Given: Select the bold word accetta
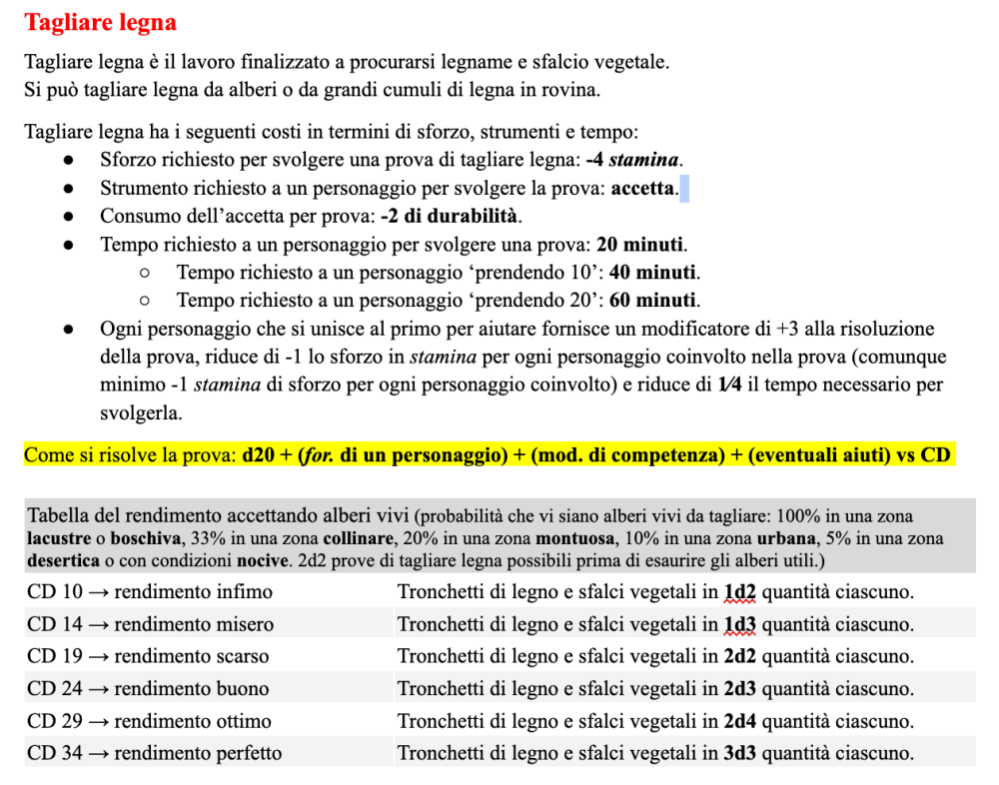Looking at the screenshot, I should coord(644,187).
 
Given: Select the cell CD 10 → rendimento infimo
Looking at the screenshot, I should coord(150,592).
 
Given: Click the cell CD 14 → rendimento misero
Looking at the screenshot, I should coord(150,624).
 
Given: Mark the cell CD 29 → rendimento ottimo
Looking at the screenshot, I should coord(150,721).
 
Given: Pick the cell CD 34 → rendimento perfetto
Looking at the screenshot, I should coord(155,753).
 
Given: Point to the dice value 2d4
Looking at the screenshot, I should coord(740,721).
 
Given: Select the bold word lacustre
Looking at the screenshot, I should coord(60,538).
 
